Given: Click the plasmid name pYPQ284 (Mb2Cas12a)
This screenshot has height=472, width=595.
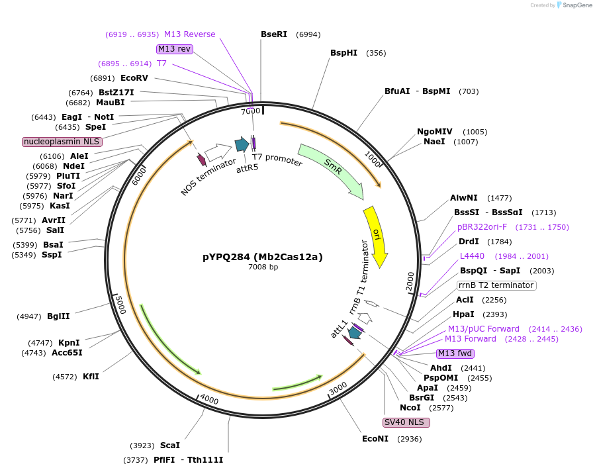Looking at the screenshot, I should (x=263, y=257).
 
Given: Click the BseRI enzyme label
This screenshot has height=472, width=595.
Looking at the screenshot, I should (x=274, y=34).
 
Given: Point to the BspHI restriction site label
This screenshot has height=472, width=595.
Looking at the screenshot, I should (x=343, y=53).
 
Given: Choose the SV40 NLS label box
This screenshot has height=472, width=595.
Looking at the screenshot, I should (x=406, y=422).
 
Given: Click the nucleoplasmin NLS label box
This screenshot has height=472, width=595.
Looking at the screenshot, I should (x=62, y=142).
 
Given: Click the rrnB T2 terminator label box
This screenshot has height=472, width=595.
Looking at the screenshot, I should (x=496, y=285).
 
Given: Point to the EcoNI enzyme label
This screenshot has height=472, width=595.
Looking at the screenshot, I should (x=376, y=438).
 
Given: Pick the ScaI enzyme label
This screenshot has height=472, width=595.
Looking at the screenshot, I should (x=170, y=446).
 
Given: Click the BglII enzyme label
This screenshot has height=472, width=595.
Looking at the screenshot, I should (x=58, y=316).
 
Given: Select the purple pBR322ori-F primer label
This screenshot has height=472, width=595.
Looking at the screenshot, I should (x=482, y=227).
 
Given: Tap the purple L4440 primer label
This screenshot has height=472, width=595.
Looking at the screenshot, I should (x=472, y=256).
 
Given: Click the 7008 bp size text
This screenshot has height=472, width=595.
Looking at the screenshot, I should (x=263, y=267).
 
